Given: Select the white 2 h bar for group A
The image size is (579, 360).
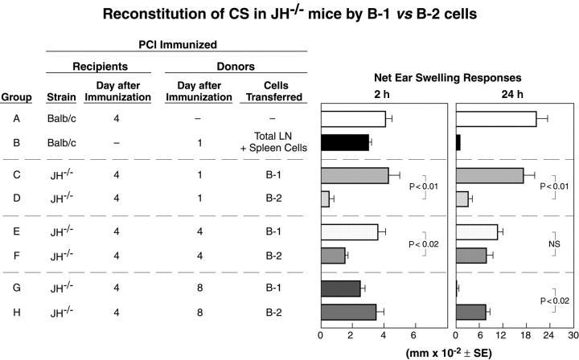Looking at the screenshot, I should (353, 119).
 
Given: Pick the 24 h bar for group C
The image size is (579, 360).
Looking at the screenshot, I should (489, 176).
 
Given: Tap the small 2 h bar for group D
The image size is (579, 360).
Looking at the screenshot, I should (325, 198).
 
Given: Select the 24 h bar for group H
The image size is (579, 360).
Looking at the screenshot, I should (470, 312).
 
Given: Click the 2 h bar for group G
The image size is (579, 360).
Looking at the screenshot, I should (340, 288).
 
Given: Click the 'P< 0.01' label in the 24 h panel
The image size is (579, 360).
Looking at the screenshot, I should (553, 186).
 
